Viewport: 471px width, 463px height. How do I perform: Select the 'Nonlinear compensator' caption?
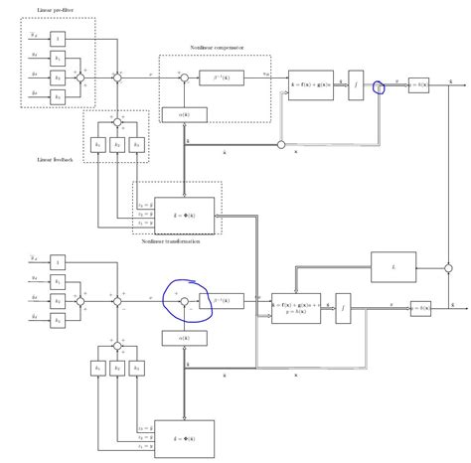click(x=216, y=47)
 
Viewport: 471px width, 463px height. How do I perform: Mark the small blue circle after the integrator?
click(x=378, y=87)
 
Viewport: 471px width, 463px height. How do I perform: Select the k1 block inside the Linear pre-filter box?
click(x=57, y=58)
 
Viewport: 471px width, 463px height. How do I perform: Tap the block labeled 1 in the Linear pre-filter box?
click(x=57, y=39)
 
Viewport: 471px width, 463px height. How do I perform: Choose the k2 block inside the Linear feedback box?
click(x=117, y=144)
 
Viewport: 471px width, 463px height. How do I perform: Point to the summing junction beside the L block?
click(x=449, y=266)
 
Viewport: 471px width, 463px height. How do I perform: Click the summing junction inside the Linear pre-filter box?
click(x=85, y=76)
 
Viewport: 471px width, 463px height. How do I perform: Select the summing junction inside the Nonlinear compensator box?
click(x=183, y=76)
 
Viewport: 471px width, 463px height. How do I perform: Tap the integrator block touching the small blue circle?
click(x=357, y=87)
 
